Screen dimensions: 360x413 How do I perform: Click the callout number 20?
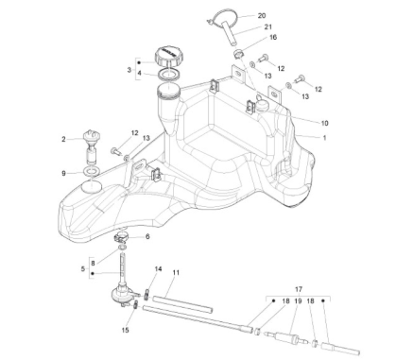pyautogui.click(x=261, y=16)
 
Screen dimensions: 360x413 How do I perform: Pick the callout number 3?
pyautogui.click(x=129, y=70)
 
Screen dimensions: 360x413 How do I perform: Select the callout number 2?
pyautogui.click(x=64, y=139)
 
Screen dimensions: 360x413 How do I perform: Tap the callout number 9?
pyautogui.click(x=64, y=173)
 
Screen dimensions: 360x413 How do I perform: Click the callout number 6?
pyautogui.click(x=146, y=236)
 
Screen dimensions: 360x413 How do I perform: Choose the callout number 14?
pyautogui.click(x=158, y=269)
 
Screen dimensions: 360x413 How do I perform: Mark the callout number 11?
pyautogui.click(x=176, y=273)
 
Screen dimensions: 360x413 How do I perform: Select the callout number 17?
pyautogui.click(x=300, y=289)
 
